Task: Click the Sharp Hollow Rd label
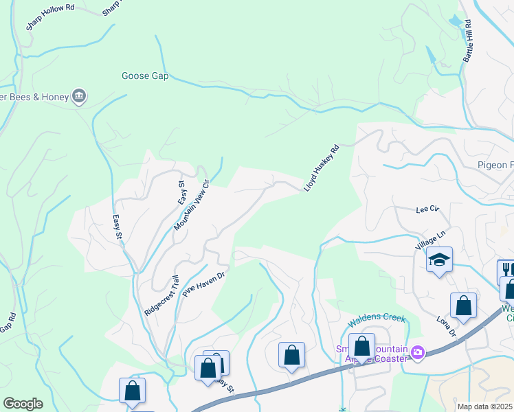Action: [50, 16]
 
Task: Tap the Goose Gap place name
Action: [145, 76]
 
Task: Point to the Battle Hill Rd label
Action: [467, 41]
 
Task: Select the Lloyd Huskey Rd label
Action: [322, 168]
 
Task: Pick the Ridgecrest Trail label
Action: [161, 296]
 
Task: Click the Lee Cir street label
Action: [427, 209]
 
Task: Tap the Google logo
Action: [23, 404]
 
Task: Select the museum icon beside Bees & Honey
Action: [79, 97]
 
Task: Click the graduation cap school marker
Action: [439, 260]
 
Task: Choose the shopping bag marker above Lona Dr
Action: [463, 306]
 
